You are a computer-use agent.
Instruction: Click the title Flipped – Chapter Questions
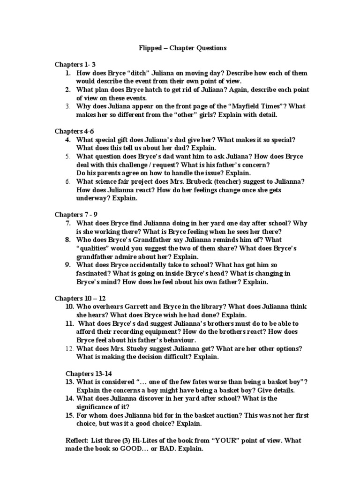pos(180,48)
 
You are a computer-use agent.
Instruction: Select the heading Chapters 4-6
pos(74,131)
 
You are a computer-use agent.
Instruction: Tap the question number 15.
pos(70,415)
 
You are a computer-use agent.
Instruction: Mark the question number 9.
pos(68,265)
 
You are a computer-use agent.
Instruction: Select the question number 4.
pos(68,140)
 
